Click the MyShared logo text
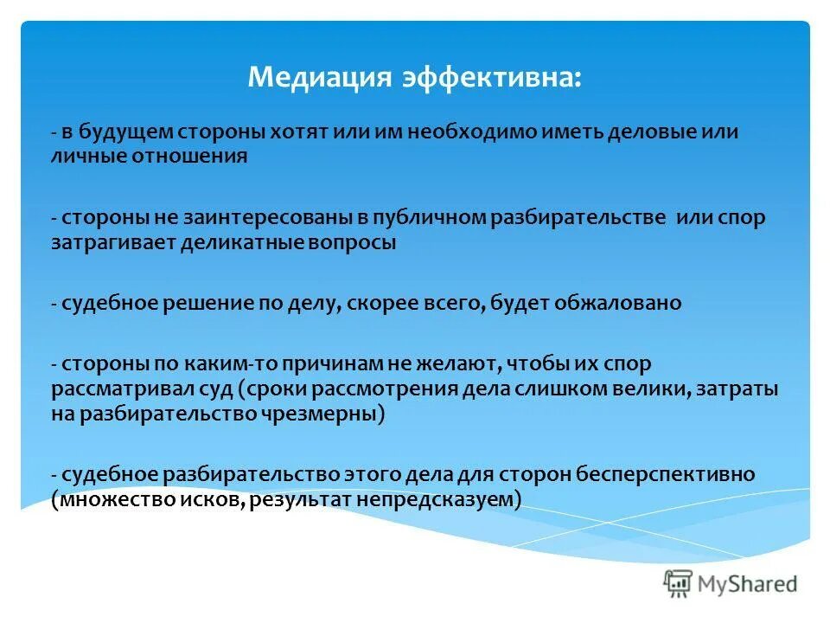coord(748,584)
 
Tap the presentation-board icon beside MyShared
coord(679,584)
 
